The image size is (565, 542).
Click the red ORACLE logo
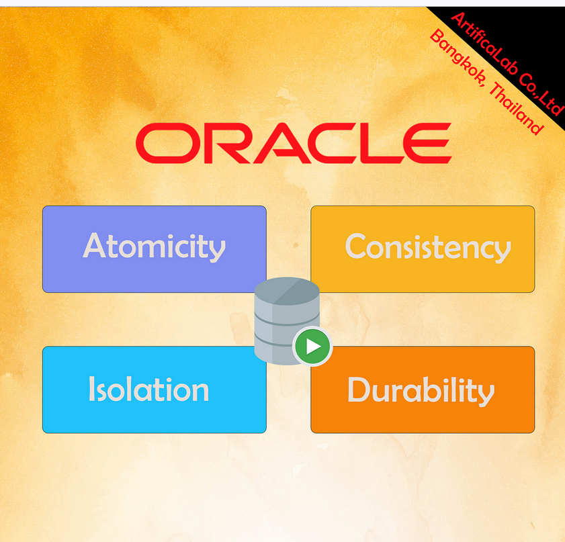point(294,143)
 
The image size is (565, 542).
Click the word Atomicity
point(155,246)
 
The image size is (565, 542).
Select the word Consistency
point(428,247)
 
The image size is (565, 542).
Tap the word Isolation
point(149,389)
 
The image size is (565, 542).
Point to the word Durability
point(421,391)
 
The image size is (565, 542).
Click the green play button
point(312,346)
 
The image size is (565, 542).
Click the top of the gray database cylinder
point(287,291)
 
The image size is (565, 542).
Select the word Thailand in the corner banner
point(517,108)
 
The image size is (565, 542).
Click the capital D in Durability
point(359,390)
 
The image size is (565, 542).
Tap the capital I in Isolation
point(91,388)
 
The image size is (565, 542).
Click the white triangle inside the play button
point(313,347)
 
